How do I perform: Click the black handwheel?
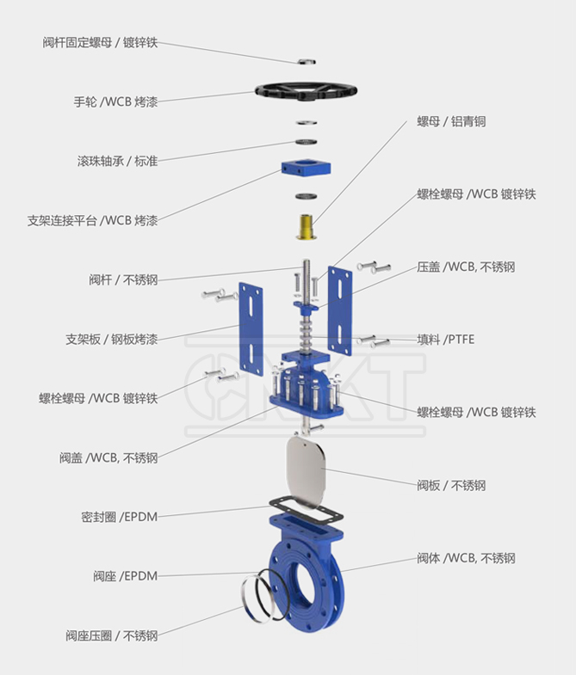306,89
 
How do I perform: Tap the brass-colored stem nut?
305,225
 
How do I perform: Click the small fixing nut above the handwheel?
307,61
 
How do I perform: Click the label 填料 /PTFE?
445,340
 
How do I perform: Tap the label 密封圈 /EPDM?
120,517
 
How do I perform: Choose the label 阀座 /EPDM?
126,575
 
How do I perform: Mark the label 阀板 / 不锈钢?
451,485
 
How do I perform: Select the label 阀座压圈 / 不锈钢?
111,635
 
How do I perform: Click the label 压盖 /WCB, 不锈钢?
466,267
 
